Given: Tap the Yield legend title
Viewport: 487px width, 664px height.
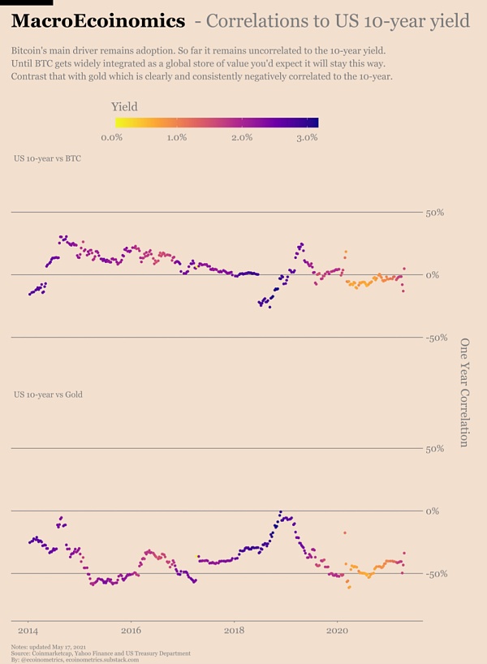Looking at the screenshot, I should (x=124, y=106).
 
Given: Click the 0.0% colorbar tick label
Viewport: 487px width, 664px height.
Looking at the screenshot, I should (x=112, y=137).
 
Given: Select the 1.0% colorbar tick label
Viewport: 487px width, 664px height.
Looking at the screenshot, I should (x=177, y=137).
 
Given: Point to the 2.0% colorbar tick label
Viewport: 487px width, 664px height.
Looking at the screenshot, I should (x=242, y=137).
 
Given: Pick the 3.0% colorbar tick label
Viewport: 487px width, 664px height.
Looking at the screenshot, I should (x=306, y=137).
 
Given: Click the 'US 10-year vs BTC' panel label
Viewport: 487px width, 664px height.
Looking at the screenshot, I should (x=47, y=158).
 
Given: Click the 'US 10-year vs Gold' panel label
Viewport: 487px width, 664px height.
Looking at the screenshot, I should (x=48, y=395).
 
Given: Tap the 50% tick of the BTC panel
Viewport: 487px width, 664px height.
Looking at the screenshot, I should (x=435, y=213).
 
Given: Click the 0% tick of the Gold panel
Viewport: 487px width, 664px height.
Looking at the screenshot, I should (x=433, y=511).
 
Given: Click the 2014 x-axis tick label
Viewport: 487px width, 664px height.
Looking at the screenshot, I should (x=28, y=630).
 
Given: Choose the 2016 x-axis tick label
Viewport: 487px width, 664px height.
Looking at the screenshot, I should (x=131, y=630).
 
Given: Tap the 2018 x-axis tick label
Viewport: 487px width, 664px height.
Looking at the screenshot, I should (x=234, y=630).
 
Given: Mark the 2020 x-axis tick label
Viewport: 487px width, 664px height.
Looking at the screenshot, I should (x=337, y=630).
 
